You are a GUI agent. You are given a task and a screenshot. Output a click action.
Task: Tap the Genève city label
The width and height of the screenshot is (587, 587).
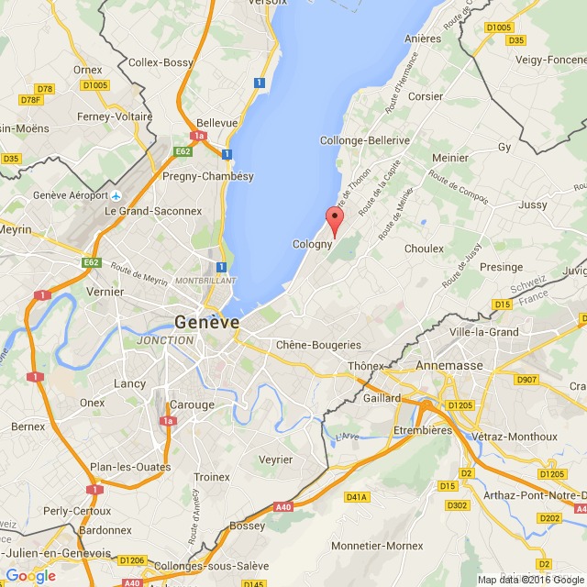(206, 322)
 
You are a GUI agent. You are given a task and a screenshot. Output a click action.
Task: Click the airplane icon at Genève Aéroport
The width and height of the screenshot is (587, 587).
(116, 195)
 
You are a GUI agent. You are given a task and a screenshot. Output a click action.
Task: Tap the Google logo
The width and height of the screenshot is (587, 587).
(30, 575)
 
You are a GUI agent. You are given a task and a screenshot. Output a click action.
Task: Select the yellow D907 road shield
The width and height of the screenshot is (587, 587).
(526, 379)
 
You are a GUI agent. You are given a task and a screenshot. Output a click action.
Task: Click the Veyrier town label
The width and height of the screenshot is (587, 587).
(276, 460)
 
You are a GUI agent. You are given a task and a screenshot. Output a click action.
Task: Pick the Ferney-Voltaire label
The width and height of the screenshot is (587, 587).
(115, 116)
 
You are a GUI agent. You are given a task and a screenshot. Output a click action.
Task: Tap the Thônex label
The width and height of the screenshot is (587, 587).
(365, 366)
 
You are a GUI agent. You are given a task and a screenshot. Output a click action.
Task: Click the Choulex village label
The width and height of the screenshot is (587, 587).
(424, 248)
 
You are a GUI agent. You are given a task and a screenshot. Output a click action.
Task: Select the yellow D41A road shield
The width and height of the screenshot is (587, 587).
(356, 497)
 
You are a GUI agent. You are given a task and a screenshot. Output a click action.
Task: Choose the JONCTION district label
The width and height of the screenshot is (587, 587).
(165, 340)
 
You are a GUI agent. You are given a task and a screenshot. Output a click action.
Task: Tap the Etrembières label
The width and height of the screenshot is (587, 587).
(423, 430)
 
